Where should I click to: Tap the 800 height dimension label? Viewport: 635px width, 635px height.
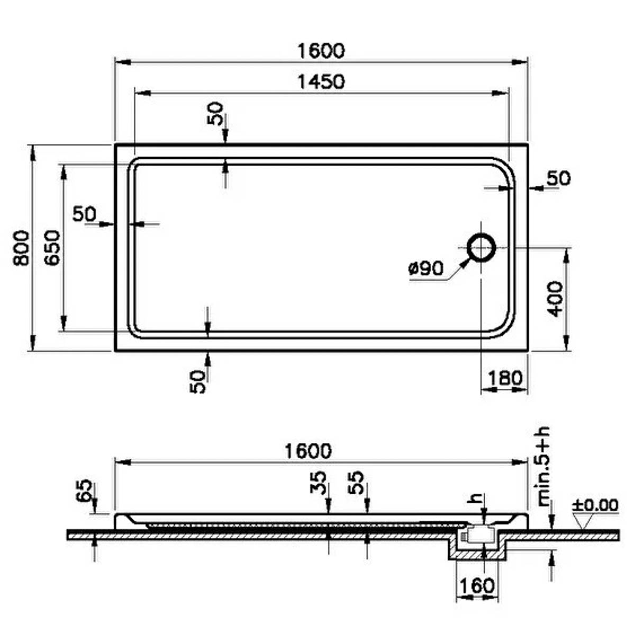pyautogui.click(x=21, y=248)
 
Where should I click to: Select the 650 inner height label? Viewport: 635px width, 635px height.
pyautogui.click(x=52, y=248)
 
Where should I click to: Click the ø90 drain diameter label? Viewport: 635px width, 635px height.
pyautogui.click(x=426, y=269)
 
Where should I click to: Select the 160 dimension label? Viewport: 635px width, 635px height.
pyautogui.click(x=477, y=586)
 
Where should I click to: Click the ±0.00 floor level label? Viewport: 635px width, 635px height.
pyautogui.click(x=595, y=505)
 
